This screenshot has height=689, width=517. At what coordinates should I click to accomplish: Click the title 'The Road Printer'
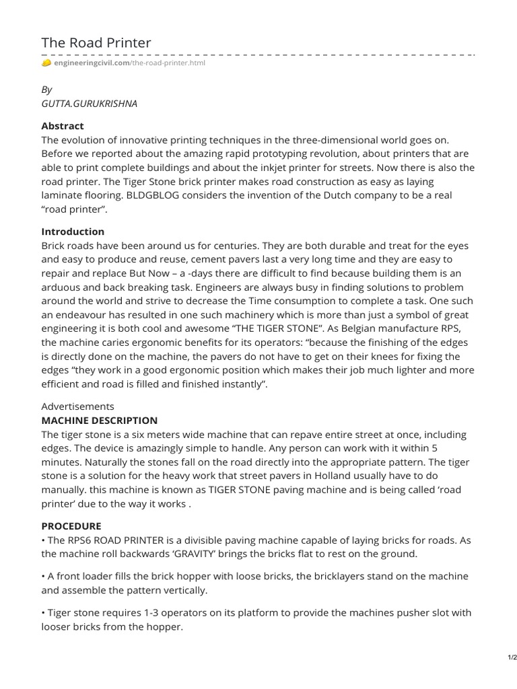point(96,43)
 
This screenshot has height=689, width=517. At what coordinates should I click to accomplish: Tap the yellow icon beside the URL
point(46,63)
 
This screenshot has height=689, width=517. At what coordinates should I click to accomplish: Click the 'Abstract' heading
point(63,126)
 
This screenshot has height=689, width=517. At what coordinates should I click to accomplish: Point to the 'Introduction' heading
point(73,231)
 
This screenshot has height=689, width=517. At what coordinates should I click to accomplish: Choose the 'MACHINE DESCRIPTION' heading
point(100,421)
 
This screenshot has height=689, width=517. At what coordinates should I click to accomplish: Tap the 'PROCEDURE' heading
point(71,525)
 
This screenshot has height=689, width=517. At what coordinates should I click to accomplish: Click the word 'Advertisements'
point(78,406)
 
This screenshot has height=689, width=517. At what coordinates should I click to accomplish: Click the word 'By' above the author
point(46,89)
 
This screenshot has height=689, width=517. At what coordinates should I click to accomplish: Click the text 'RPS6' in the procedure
point(83,540)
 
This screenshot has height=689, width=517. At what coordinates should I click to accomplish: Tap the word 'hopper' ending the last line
point(166,626)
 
